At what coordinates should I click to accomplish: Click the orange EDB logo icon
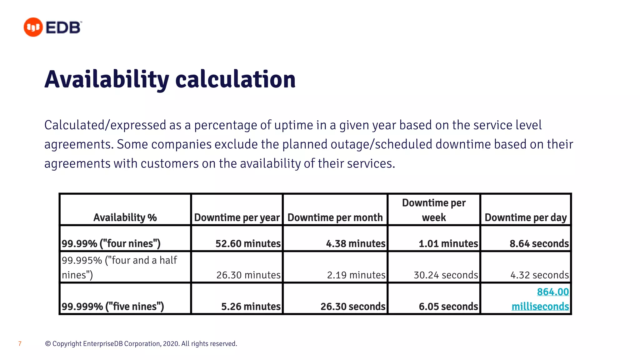click(33, 27)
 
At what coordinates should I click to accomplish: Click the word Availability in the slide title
click(107, 80)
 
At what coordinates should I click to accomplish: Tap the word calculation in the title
click(235, 80)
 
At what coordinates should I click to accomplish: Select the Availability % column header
click(125, 217)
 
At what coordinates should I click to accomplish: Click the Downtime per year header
click(237, 217)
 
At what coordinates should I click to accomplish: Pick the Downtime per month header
click(335, 217)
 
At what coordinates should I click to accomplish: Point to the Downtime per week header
click(434, 210)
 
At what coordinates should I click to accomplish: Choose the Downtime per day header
click(526, 217)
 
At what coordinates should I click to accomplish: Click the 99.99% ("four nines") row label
click(111, 243)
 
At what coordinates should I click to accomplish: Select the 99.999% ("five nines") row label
click(113, 306)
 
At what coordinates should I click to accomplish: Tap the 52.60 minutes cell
click(248, 243)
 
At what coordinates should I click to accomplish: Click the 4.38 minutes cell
click(356, 243)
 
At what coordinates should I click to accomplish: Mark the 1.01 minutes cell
click(448, 243)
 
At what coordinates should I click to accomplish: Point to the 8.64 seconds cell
click(539, 243)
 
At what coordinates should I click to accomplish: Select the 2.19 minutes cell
click(356, 275)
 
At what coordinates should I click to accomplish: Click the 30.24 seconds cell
click(446, 275)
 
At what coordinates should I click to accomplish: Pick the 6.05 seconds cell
click(448, 306)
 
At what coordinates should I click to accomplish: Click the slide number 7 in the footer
click(20, 344)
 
